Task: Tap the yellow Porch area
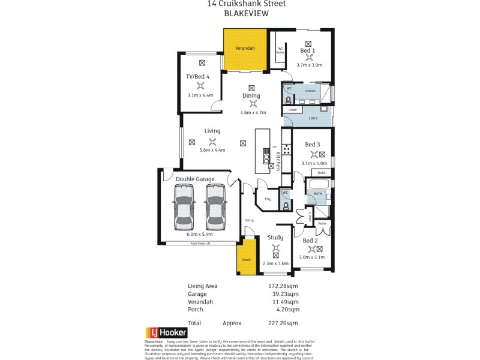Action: coord(245,260)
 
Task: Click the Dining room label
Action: coord(251,95)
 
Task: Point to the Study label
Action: coord(275,238)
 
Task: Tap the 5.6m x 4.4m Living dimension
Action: coord(212,150)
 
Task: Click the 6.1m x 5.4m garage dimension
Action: coord(199,234)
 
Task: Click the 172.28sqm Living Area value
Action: coord(283,286)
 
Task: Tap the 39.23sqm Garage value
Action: coord(284,294)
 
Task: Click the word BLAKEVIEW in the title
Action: coord(247,13)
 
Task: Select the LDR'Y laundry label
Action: coord(313,118)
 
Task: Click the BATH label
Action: coord(317,194)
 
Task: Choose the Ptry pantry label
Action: coord(268,199)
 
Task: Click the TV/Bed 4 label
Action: coord(198,76)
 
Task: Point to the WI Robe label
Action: coord(280,50)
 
